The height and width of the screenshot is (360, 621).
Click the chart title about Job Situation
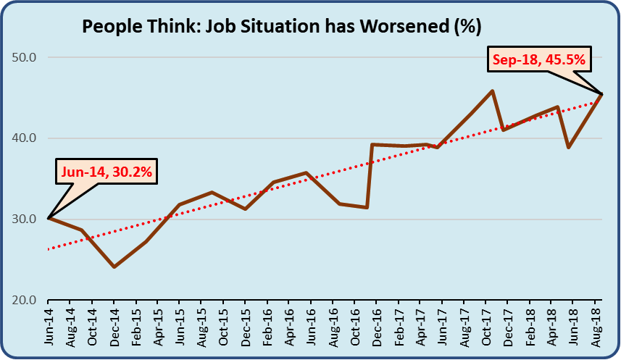282,27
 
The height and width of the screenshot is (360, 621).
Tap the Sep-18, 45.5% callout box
540,59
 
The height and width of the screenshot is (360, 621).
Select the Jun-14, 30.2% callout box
107,173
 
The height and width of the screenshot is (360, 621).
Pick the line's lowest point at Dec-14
114,267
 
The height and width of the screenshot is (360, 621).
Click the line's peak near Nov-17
493,91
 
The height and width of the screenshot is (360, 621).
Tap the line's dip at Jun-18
569,147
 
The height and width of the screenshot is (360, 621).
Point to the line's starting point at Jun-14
48,218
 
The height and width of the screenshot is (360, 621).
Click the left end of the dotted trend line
48,249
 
